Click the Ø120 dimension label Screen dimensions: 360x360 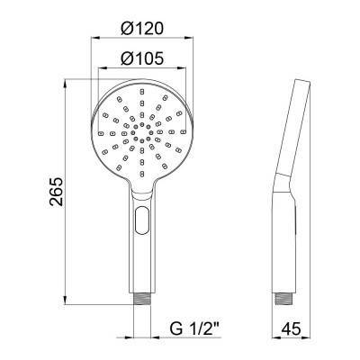tap(142, 28)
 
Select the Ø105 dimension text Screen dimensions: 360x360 tap(142, 58)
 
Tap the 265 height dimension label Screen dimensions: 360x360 tap(57, 192)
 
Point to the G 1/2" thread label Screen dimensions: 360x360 tap(195, 328)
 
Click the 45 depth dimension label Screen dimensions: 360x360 tap(291, 328)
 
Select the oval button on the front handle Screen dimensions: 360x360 tap(142, 220)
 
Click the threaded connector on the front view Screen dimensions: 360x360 tap(142, 298)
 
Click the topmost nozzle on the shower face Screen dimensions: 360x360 tap(142, 91)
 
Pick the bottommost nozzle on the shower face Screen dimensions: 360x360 tap(142, 174)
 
